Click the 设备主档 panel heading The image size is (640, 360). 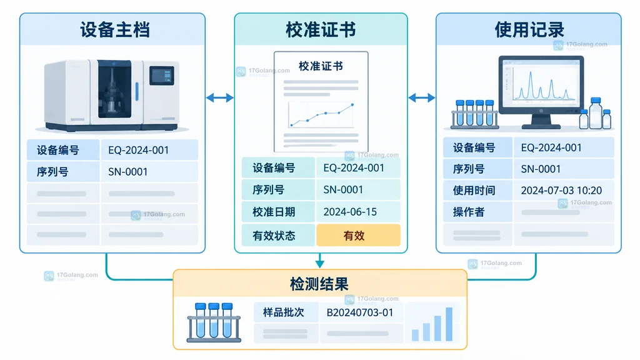pos(115,30)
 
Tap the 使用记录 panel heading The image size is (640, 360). pos(529,30)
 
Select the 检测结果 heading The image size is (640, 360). pos(319,284)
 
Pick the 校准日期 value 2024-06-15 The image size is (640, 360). pos(350,212)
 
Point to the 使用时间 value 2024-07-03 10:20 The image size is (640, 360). pos(561,190)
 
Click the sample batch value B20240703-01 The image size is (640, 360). pos(359,312)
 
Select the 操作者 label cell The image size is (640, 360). pos(477,212)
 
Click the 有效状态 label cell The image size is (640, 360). pos(278,236)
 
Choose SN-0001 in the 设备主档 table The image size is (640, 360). pos(127,172)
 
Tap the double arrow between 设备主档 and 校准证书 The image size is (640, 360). pos(219,97)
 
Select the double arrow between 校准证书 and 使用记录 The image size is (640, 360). pos(422,97)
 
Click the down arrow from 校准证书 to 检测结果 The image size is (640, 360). pos(320,261)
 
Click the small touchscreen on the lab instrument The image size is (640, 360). pos(162,76)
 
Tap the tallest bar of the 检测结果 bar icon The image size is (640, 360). pos(449,324)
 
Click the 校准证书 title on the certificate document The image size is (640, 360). pos(321,66)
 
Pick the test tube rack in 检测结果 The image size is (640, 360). pos(214,322)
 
